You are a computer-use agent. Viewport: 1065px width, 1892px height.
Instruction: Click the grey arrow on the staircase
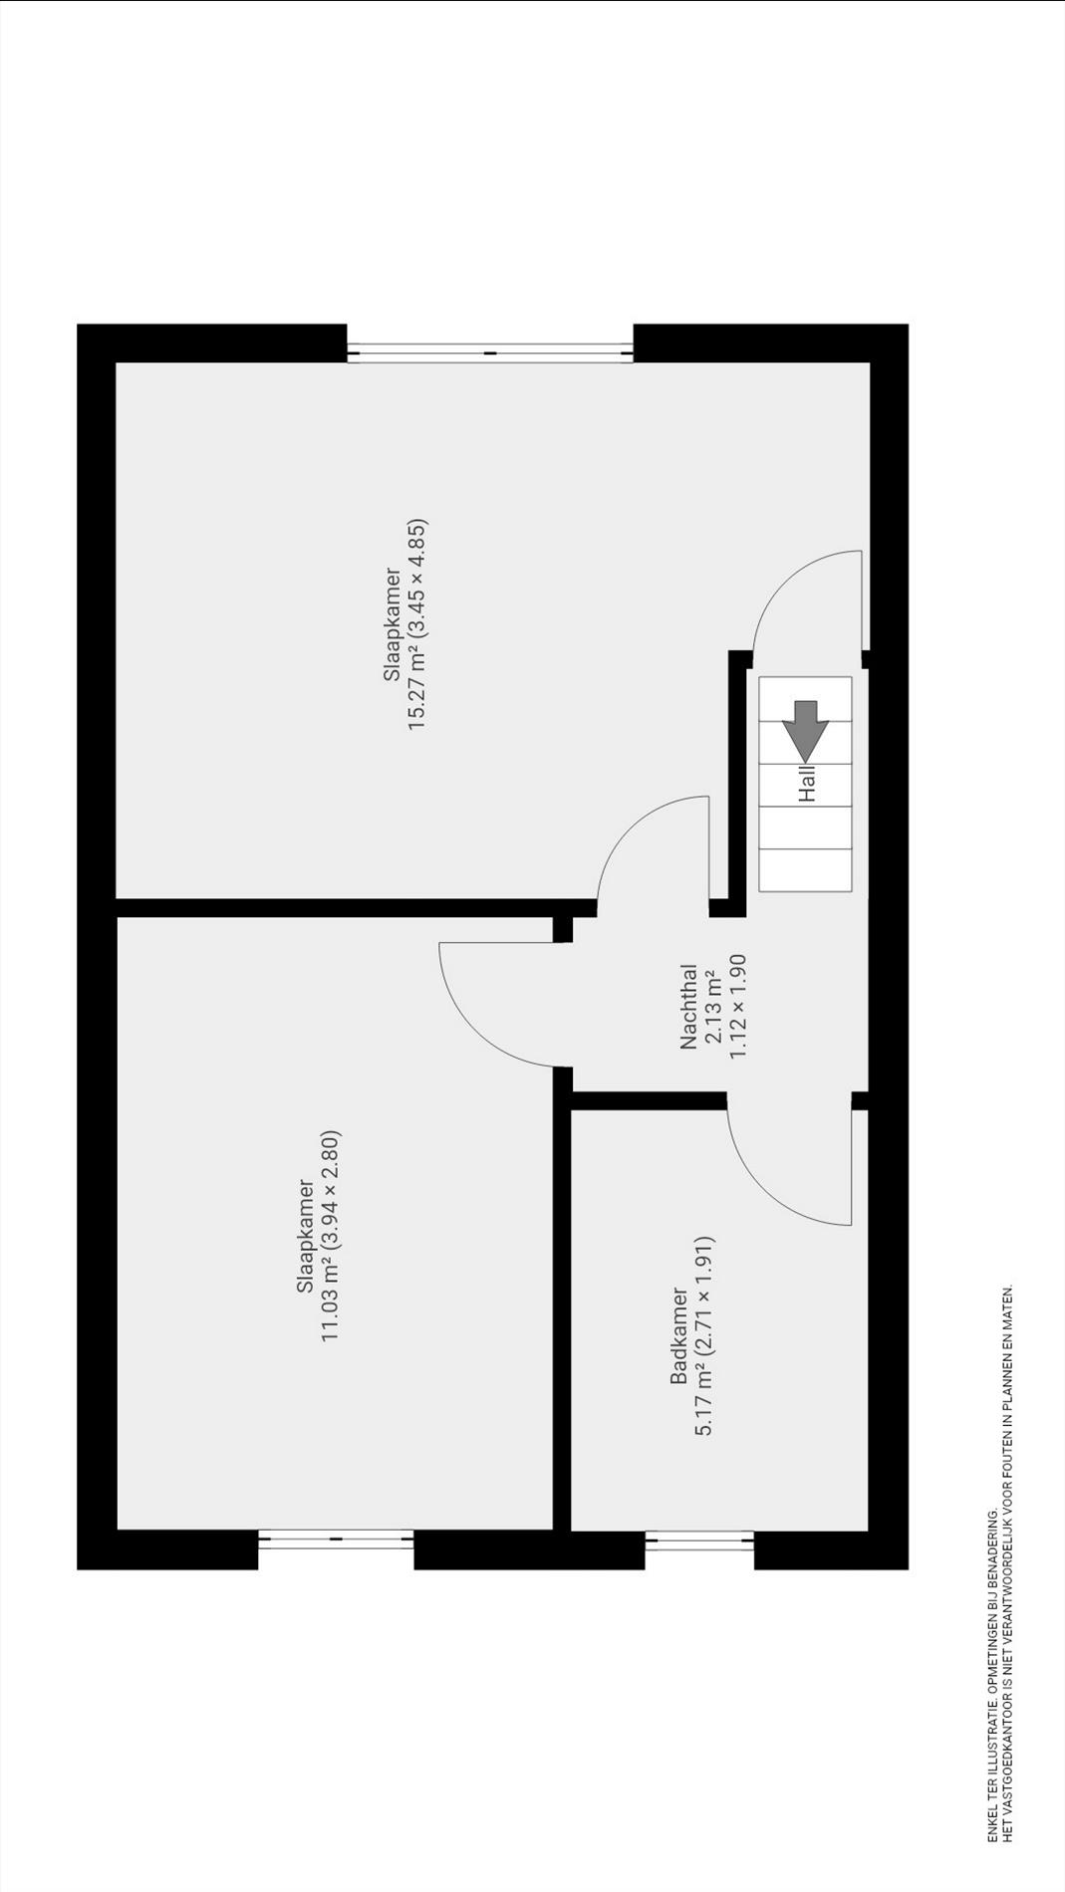[805, 731]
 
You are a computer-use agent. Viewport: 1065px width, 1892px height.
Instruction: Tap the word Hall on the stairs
[807, 783]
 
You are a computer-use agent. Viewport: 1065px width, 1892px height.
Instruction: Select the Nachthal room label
[688, 1007]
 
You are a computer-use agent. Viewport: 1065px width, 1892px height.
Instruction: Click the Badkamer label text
[679, 1336]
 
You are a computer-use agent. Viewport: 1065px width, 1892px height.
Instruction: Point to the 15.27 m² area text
[417, 689]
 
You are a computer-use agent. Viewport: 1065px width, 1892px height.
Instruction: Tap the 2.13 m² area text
[713, 1007]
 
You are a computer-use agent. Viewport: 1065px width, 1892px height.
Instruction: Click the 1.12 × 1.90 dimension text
[738, 1007]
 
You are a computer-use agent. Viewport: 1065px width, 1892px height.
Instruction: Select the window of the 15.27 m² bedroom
[490, 352]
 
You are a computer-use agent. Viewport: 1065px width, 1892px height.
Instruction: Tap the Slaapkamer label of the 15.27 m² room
[393, 625]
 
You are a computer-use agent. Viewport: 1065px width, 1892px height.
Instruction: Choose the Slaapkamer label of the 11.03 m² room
[306, 1237]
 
